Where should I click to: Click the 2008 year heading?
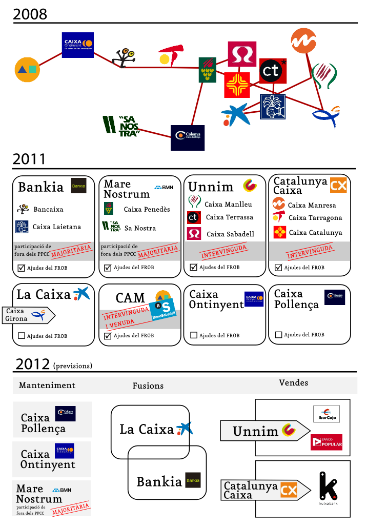coord(30,14)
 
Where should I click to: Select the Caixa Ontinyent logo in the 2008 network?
coord(77,45)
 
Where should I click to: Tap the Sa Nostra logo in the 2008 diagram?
coord(121,126)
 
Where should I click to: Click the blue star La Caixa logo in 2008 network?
coord(234,115)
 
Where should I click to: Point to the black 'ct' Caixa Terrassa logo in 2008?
coord(272,71)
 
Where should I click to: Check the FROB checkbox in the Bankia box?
coord(22,268)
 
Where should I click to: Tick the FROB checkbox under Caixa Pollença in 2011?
coord(279,335)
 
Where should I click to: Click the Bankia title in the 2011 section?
coord(41,187)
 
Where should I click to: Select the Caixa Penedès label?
coord(147,209)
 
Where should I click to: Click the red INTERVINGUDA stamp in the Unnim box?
coord(223,251)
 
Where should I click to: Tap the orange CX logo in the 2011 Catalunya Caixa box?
coord(338,185)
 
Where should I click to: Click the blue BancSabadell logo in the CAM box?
coord(162,311)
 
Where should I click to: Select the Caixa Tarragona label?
coord(315,217)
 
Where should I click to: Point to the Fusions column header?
coord(148,386)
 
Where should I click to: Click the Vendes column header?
coord(294,382)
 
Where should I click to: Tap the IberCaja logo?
coord(326,414)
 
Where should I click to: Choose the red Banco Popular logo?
coord(326,442)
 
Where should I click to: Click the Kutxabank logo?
coord(329,488)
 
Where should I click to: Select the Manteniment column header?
coord(47,385)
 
